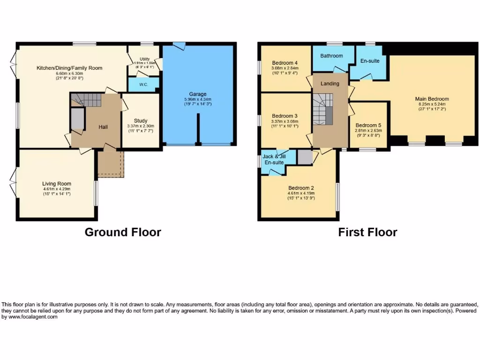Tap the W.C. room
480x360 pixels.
(143, 85)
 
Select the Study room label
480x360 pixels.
(140, 120)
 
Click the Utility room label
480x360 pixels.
(144, 59)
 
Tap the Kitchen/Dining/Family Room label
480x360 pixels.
(69, 68)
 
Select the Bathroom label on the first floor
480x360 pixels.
(331, 56)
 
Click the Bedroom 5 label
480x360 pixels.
(368, 125)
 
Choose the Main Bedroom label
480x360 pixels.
(432, 99)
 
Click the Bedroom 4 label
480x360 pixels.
(285, 63)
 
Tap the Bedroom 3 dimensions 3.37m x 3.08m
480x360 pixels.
(285, 121)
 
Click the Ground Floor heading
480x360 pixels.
(123, 232)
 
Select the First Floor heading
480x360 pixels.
(367, 232)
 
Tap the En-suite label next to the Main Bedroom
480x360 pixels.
(370, 61)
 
